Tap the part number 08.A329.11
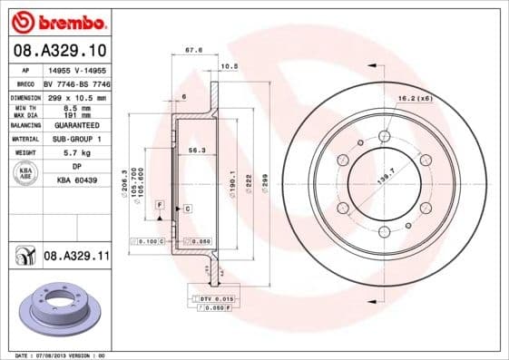(76, 258)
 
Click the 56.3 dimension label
(195, 150)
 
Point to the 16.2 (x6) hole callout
(413, 97)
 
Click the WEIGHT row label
(24, 153)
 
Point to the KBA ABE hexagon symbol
(26, 173)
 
